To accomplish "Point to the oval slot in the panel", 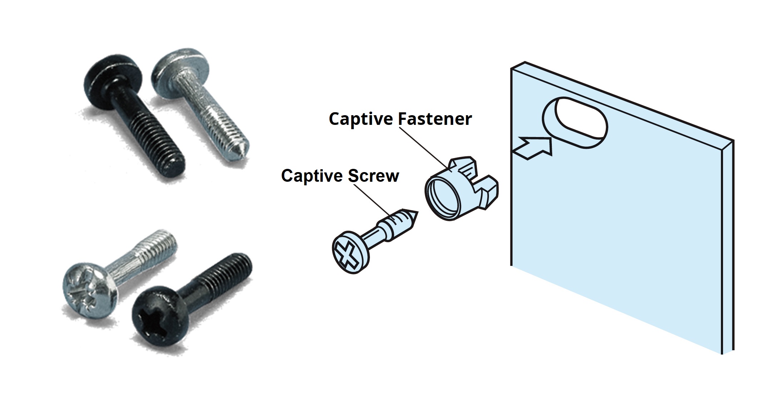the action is pos(575,122).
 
